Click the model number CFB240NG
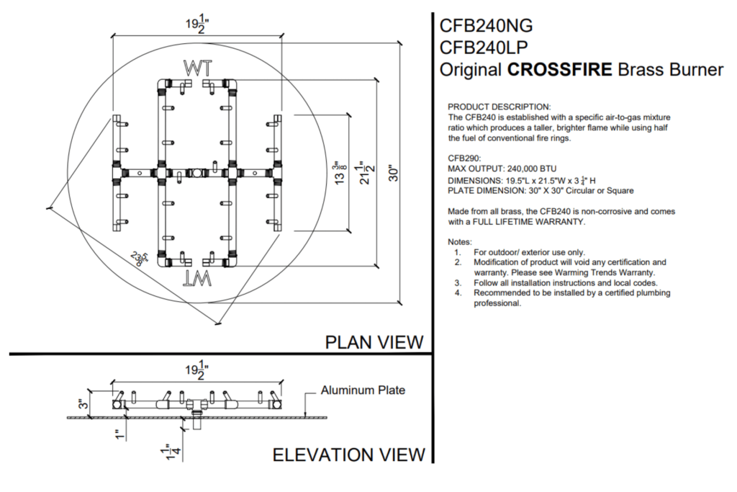486,25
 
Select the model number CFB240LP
484,48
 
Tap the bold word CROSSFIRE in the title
560,70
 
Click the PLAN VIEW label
374,342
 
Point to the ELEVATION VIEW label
349,455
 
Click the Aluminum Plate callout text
363,390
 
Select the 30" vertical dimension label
394,173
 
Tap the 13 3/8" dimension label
338,172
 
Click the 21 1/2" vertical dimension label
366,172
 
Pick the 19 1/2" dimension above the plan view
197,24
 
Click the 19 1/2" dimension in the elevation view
197,370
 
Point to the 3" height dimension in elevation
83,403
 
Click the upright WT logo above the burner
197,68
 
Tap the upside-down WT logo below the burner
197,279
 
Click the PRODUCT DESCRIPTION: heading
499,107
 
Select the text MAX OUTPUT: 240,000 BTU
502,169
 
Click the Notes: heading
460,242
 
